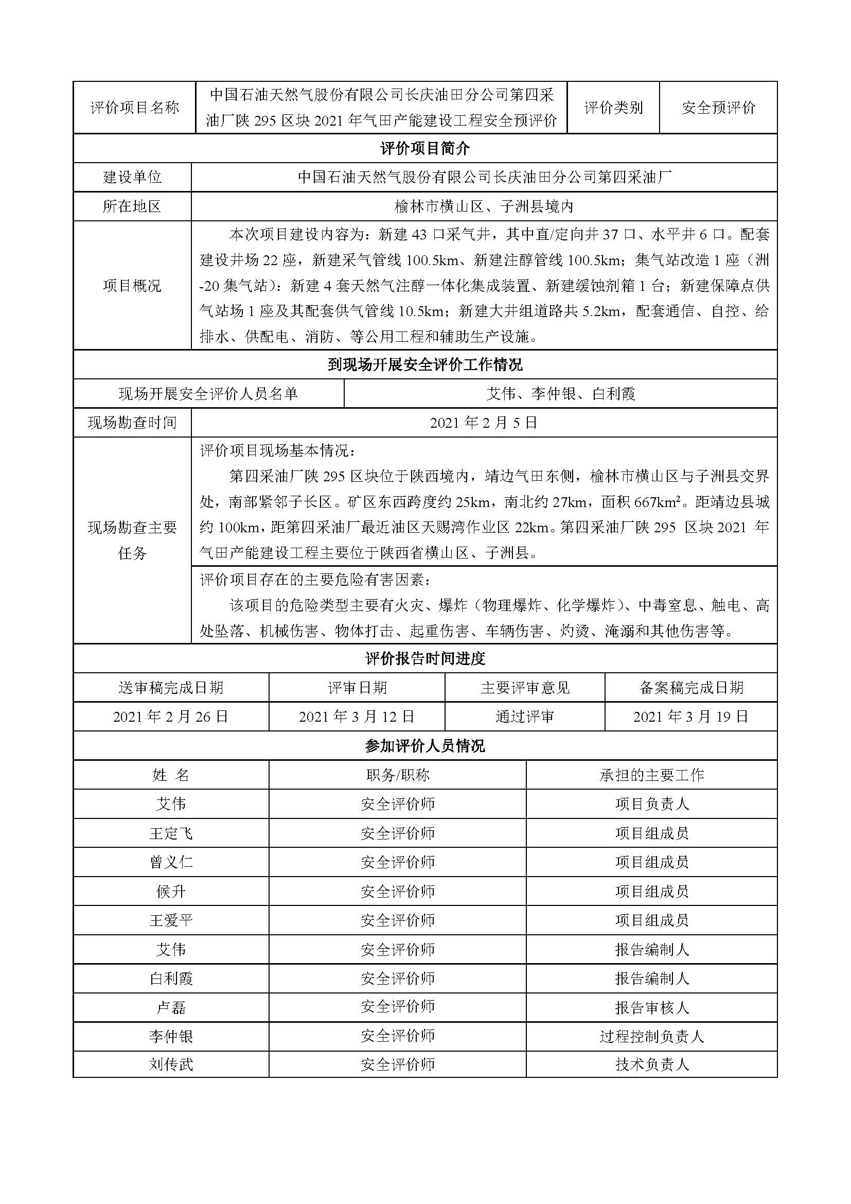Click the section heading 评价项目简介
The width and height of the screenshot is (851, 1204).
tap(425, 148)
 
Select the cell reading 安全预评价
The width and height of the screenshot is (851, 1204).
tap(718, 108)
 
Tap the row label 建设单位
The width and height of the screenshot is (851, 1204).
tap(132, 177)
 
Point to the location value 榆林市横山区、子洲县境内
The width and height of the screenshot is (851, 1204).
tap(484, 206)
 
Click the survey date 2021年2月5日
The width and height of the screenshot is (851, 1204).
tap(484, 423)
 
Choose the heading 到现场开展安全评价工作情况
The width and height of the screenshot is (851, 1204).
tap(425, 364)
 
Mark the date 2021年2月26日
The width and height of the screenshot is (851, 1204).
tap(171, 717)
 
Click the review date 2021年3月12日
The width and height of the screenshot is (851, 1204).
tap(357, 717)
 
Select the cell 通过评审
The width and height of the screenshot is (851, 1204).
tap(524, 717)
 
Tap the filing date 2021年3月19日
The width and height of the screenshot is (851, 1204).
tap(690, 717)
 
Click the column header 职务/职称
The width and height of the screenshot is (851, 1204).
tap(398, 775)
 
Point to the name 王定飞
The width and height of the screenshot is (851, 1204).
tap(171, 833)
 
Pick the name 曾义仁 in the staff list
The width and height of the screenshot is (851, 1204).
tap(171, 862)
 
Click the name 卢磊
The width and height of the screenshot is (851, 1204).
tap(171, 1007)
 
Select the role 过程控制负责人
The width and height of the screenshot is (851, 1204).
tap(651, 1036)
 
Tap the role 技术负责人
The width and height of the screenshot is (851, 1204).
tap(651, 1065)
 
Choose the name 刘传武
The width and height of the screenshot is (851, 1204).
tap(171, 1065)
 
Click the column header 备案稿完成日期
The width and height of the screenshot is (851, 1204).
tap(690, 688)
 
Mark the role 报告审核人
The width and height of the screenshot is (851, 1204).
tap(651, 1007)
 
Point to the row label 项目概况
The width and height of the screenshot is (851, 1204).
tap(132, 286)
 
